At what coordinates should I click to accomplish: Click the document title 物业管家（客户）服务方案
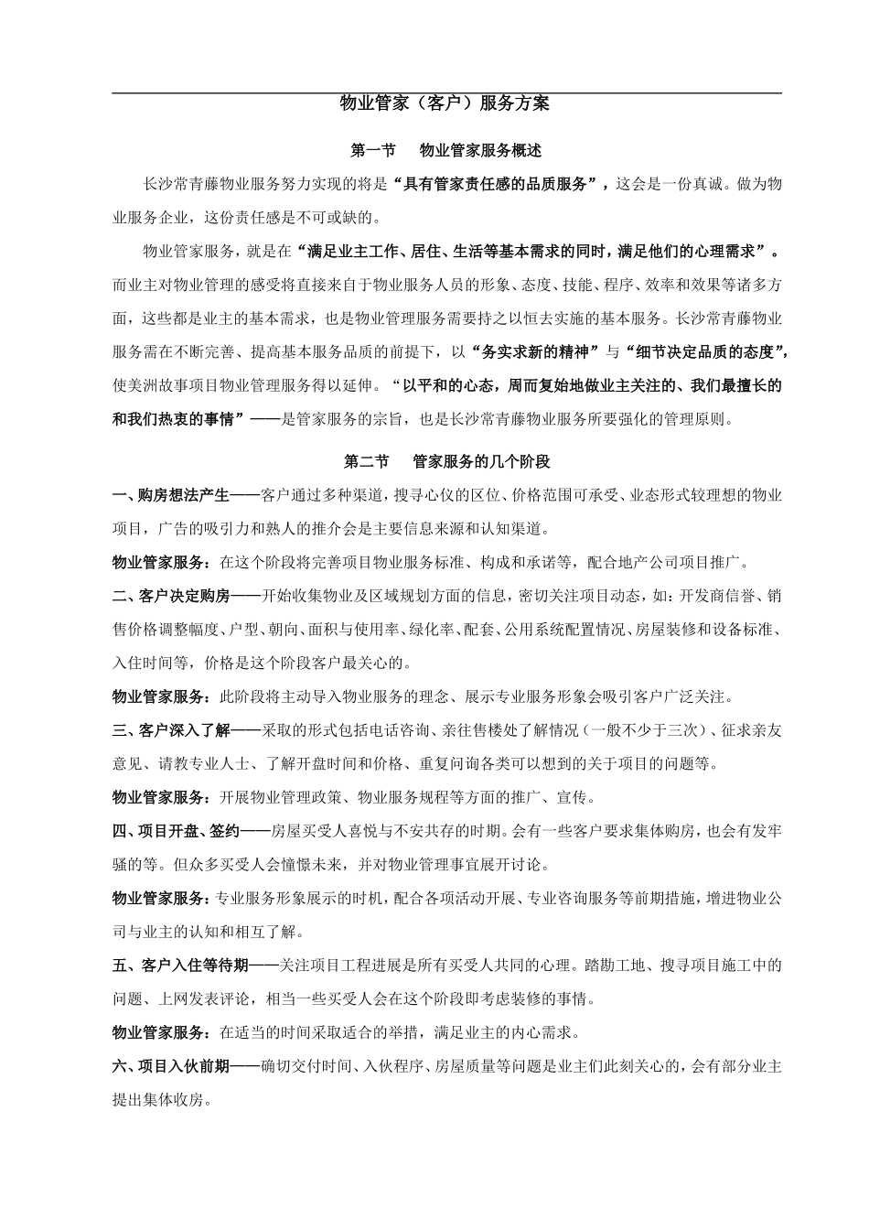pyautogui.click(x=445, y=104)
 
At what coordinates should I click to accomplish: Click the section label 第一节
pyautogui.click(x=373, y=150)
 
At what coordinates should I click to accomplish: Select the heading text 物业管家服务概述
pyautogui.click(x=480, y=150)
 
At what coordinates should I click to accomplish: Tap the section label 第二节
pyautogui.click(x=367, y=461)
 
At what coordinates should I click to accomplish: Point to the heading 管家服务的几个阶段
pyautogui.click(x=481, y=461)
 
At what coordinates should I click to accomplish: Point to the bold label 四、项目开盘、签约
pyautogui.click(x=176, y=831)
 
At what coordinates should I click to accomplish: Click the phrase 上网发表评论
pyautogui.click(x=213, y=998)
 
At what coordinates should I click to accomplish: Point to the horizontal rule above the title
pyautogui.click(x=445, y=92)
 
